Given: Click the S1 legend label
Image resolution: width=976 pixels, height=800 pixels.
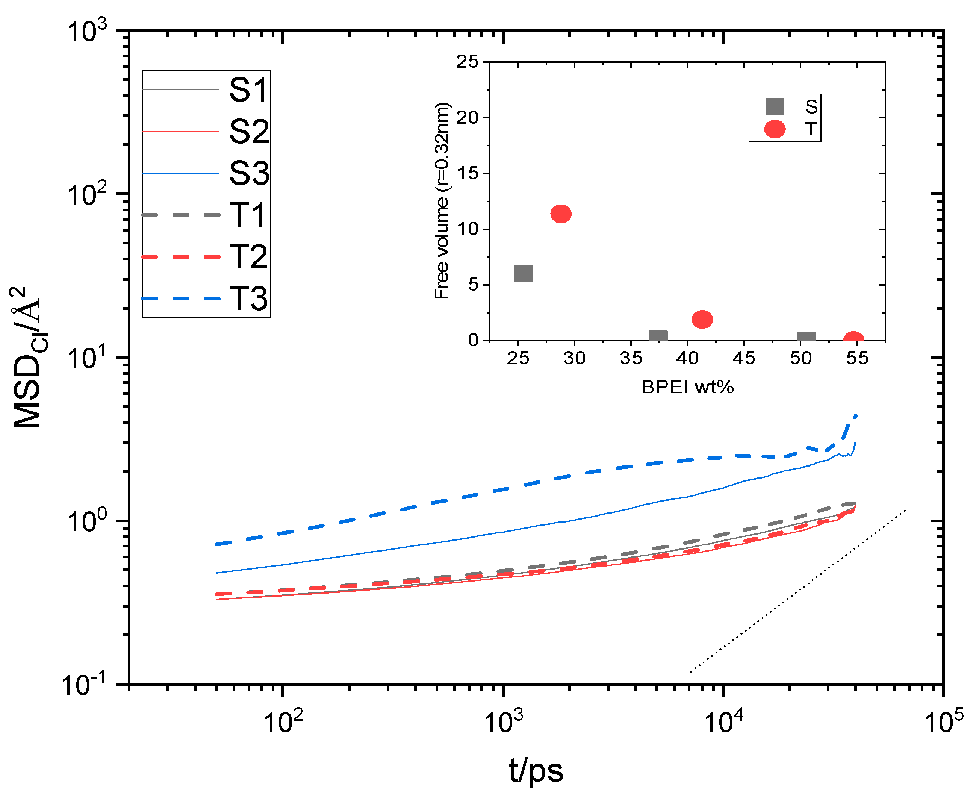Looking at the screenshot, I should [248, 89].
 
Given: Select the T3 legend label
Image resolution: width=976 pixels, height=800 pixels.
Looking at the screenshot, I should [248, 298].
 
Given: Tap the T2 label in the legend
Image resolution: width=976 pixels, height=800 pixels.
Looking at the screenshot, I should [248, 257].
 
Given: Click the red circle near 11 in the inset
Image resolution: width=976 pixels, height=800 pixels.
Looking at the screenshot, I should [561, 214].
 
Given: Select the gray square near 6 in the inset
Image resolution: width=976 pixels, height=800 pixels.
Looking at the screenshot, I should [523, 273].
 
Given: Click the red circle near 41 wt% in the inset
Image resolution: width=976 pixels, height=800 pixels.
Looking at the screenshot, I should [702, 319].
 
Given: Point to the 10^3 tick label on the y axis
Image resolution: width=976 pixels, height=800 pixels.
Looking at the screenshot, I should [86, 31].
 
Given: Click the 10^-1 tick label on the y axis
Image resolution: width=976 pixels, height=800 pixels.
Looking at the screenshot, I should [83, 685].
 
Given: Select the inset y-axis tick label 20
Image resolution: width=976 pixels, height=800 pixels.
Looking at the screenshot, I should [468, 118].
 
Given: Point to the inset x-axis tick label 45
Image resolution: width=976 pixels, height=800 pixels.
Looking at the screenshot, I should [744, 358].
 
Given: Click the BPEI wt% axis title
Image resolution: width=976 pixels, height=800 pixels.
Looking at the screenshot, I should [688, 386].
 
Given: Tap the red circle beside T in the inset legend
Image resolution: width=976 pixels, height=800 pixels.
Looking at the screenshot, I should [775, 129].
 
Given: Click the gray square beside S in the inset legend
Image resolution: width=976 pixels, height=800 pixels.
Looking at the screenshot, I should [775, 106].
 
